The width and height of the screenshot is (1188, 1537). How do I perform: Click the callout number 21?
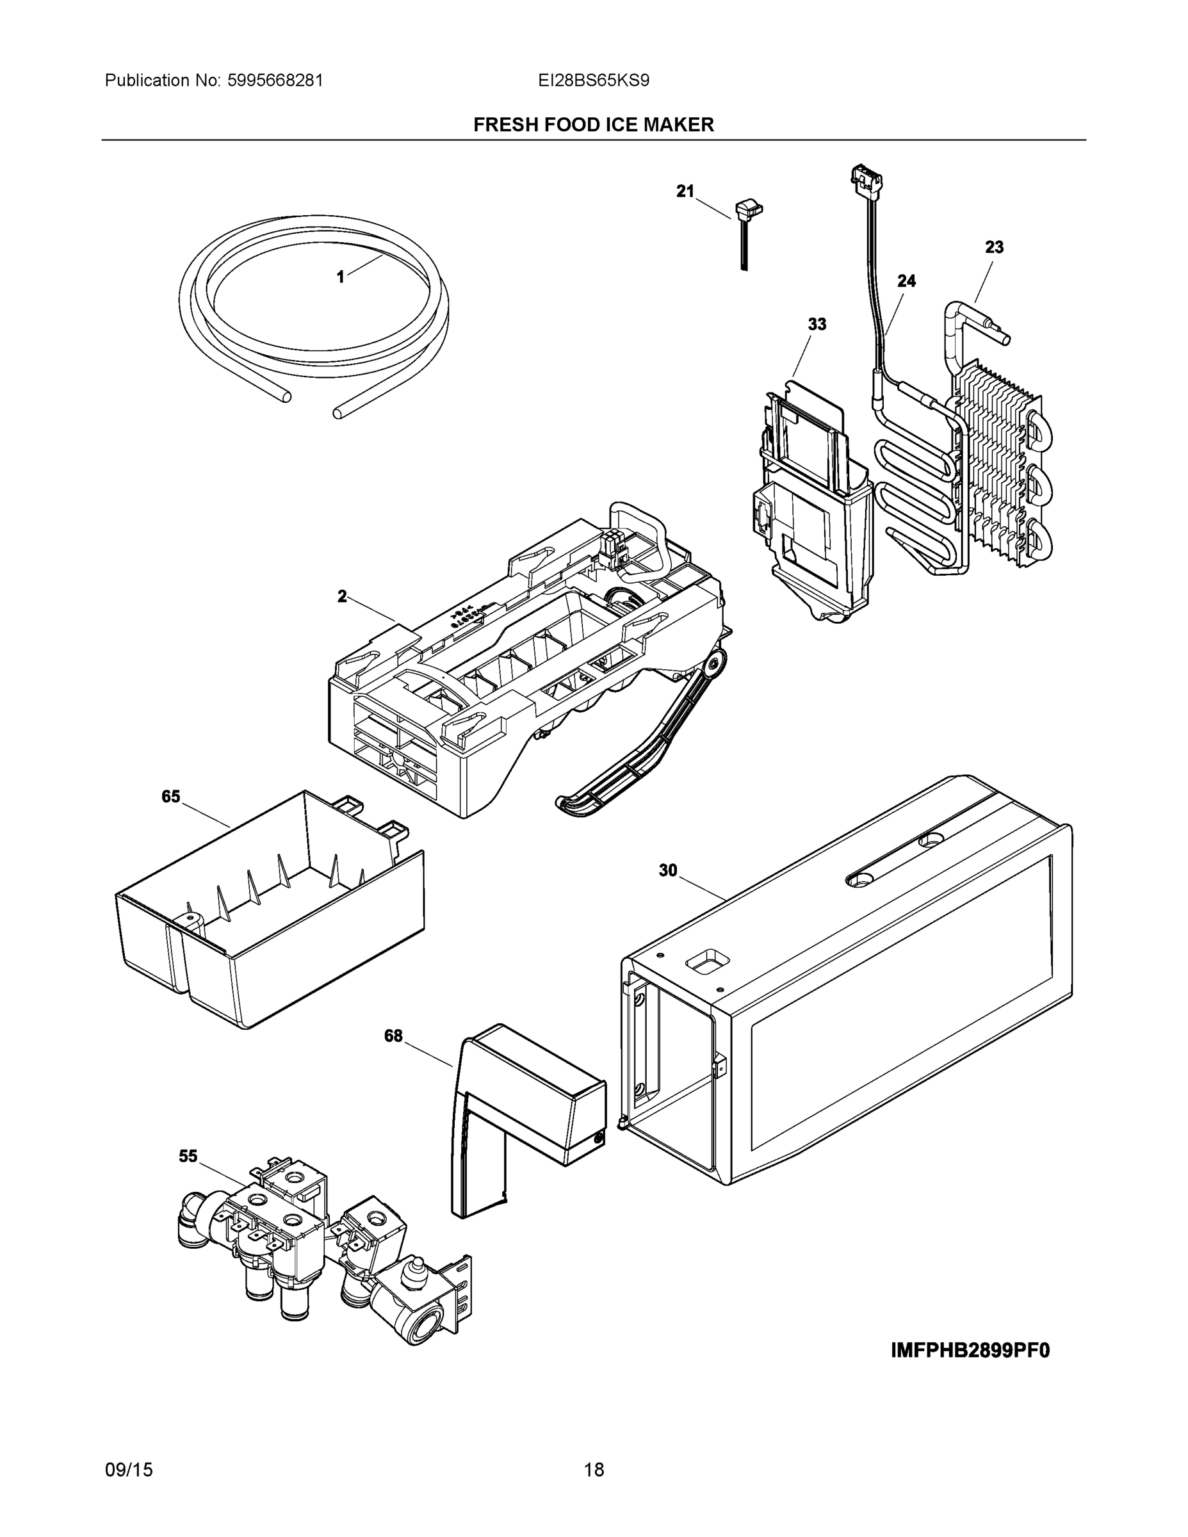(x=685, y=191)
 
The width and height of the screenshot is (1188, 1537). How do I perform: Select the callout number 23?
(x=994, y=247)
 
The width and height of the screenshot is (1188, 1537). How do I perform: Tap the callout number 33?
(x=817, y=325)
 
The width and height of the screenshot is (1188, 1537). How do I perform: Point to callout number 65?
(x=171, y=797)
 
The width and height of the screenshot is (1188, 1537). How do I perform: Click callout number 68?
(x=393, y=1036)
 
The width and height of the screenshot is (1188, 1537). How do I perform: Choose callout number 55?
(x=188, y=1156)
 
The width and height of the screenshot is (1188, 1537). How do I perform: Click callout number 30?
(x=668, y=870)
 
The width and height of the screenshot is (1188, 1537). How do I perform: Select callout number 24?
(x=906, y=281)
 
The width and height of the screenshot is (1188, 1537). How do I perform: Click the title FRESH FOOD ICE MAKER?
(x=593, y=125)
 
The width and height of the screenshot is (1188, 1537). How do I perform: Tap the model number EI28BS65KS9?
(x=593, y=80)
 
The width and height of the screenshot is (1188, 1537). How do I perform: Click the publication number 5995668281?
(x=275, y=80)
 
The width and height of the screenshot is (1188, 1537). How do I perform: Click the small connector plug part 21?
(x=747, y=211)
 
